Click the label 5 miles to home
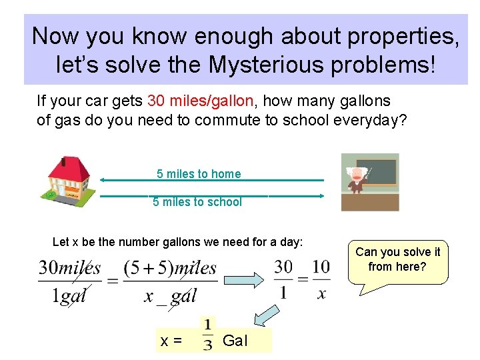click(x=199, y=174)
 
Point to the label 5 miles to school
click(x=197, y=202)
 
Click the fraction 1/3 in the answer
click(x=208, y=335)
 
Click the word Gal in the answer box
click(x=235, y=341)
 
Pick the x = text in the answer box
click(x=171, y=341)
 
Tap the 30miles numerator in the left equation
click(x=70, y=267)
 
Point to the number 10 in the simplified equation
click(x=321, y=267)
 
